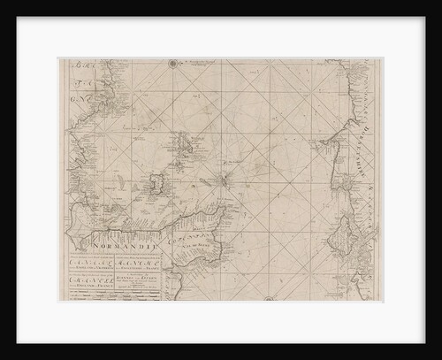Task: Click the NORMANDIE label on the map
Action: click(123, 239)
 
